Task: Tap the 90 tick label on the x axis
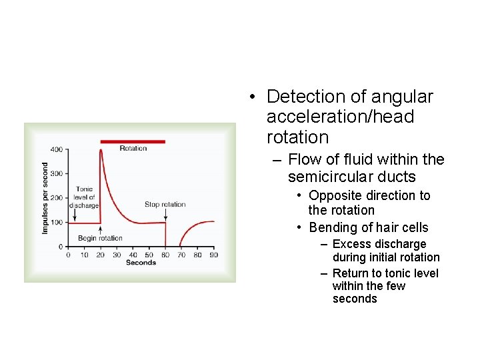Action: click(x=213, y=255)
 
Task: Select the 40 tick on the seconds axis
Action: click(x=133, y=255)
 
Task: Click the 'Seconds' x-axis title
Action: click(x=141, y=263)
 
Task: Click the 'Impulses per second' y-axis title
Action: click(x=45, y=198)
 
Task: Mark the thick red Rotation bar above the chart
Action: click(x=133, y=141)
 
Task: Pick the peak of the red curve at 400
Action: click(x=101, y=150)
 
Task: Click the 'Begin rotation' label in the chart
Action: click(x=100, y=238)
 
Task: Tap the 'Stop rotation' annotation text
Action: click(x=165, y=205)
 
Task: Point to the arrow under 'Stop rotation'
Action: click(x=165, y=215)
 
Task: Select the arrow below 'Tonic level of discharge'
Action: click(x=75, y=215)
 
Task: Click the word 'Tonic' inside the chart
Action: click(x=85, y=189)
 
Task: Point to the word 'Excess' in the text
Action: click(x=351, y=244)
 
